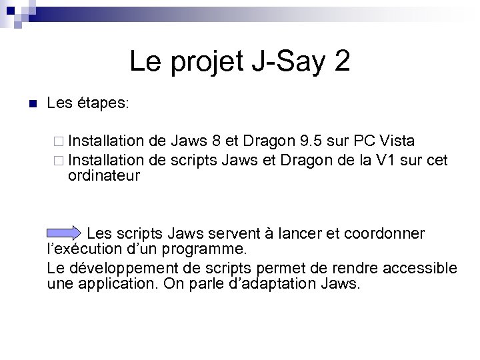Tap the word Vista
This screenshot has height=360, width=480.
click(x=396, y=141)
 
